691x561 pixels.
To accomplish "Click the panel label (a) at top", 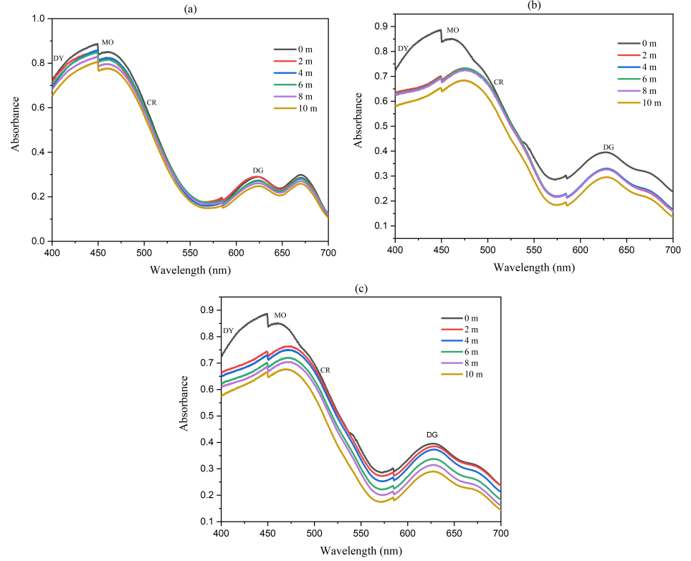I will click(x=189, y=8).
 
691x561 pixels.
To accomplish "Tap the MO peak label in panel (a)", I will click(x=108, y=42).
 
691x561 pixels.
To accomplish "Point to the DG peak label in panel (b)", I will click(x=608, y=147).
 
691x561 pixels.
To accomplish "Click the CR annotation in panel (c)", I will click(x=325, y=370).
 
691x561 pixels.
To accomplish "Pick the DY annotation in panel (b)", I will click(x=403, y=49).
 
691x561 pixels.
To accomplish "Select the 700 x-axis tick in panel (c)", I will click(x=500, y=534).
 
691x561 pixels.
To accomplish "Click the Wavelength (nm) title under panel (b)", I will click(x=534, y=267).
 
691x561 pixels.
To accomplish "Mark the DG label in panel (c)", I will click(x=432, y=434).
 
